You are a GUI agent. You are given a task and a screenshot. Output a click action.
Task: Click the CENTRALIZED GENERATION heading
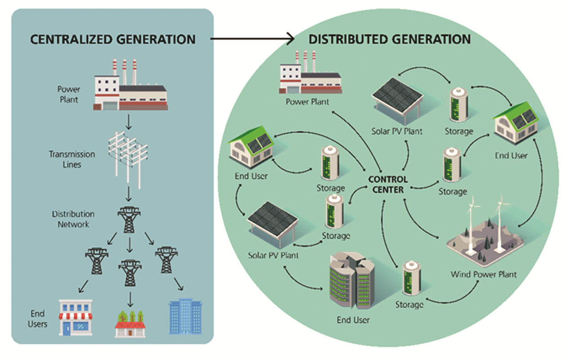point(112,39)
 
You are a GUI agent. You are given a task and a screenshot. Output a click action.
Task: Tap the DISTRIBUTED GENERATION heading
point(389,39)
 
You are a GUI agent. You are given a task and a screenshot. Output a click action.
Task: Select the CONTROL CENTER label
point(388,184)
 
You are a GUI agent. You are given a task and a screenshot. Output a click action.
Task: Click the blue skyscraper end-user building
point(185,318)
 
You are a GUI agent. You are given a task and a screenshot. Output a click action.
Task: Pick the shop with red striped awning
point(76,318)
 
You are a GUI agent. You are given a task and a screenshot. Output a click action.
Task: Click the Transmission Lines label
point(72,159)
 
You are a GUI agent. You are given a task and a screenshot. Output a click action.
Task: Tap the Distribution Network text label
point(73,219)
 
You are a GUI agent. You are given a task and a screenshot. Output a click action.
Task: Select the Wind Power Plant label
point(484,274)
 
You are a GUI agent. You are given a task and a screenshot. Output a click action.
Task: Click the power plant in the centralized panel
point(130,88)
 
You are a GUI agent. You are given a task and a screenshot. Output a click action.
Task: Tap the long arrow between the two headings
point(252,39)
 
